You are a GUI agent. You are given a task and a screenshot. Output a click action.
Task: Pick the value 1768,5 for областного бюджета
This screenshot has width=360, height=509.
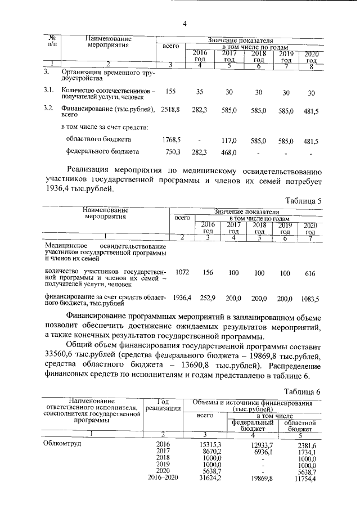pos(170,139)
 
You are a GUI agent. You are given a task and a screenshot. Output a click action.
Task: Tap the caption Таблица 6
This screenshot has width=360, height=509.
pos(303,391)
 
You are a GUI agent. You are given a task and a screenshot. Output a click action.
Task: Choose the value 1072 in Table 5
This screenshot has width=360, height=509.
pos(182,273)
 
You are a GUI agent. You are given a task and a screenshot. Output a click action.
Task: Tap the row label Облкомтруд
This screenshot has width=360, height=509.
pos(62,443)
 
